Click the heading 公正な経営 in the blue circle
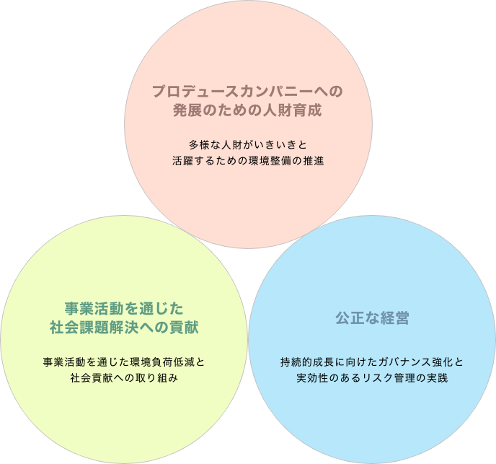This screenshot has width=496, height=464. [x=372, y=318]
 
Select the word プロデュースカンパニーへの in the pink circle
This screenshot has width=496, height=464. [x=248, y=91]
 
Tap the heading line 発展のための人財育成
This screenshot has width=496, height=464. [x=247, y=110]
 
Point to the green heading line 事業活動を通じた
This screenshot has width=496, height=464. [x=124, y=308]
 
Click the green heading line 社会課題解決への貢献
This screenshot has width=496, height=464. [x=124, y=327]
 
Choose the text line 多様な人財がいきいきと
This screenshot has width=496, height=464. [x=248, y=145]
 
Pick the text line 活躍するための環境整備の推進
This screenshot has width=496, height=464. [x=248, y=161]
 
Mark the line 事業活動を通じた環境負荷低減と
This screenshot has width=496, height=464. [x=124, y=362]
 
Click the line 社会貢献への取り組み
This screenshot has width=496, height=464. [x=124, y=378]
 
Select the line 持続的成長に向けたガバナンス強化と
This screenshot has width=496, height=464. [x=372, y=362]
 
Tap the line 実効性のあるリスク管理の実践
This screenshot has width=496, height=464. [x=372, y=378]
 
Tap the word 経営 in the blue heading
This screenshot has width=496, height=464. [x=395, y=318]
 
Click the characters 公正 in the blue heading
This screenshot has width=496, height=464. [x=350, y=318]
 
